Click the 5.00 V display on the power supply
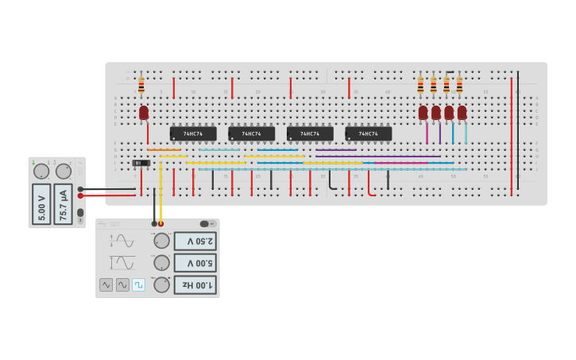(41, 204)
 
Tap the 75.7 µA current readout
(63, 204)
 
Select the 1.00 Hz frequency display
(195, 285)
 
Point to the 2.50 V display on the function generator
(195, 241)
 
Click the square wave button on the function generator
(138, 285)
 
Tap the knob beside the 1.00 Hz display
(161, 285)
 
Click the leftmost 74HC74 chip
(193, 134)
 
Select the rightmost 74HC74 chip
(369, 134)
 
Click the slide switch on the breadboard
(141, 163)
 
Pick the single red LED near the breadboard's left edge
(144, 113)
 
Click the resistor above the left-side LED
(141, 85)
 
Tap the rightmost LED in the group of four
(462, 113)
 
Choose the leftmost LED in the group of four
(423, 113)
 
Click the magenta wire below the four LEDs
(427, 134)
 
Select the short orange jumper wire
(164, 149)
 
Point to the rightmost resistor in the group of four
(459, 85)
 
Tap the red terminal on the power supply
(80, 195)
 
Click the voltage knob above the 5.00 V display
(41, 171)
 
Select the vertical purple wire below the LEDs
(439, 134)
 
